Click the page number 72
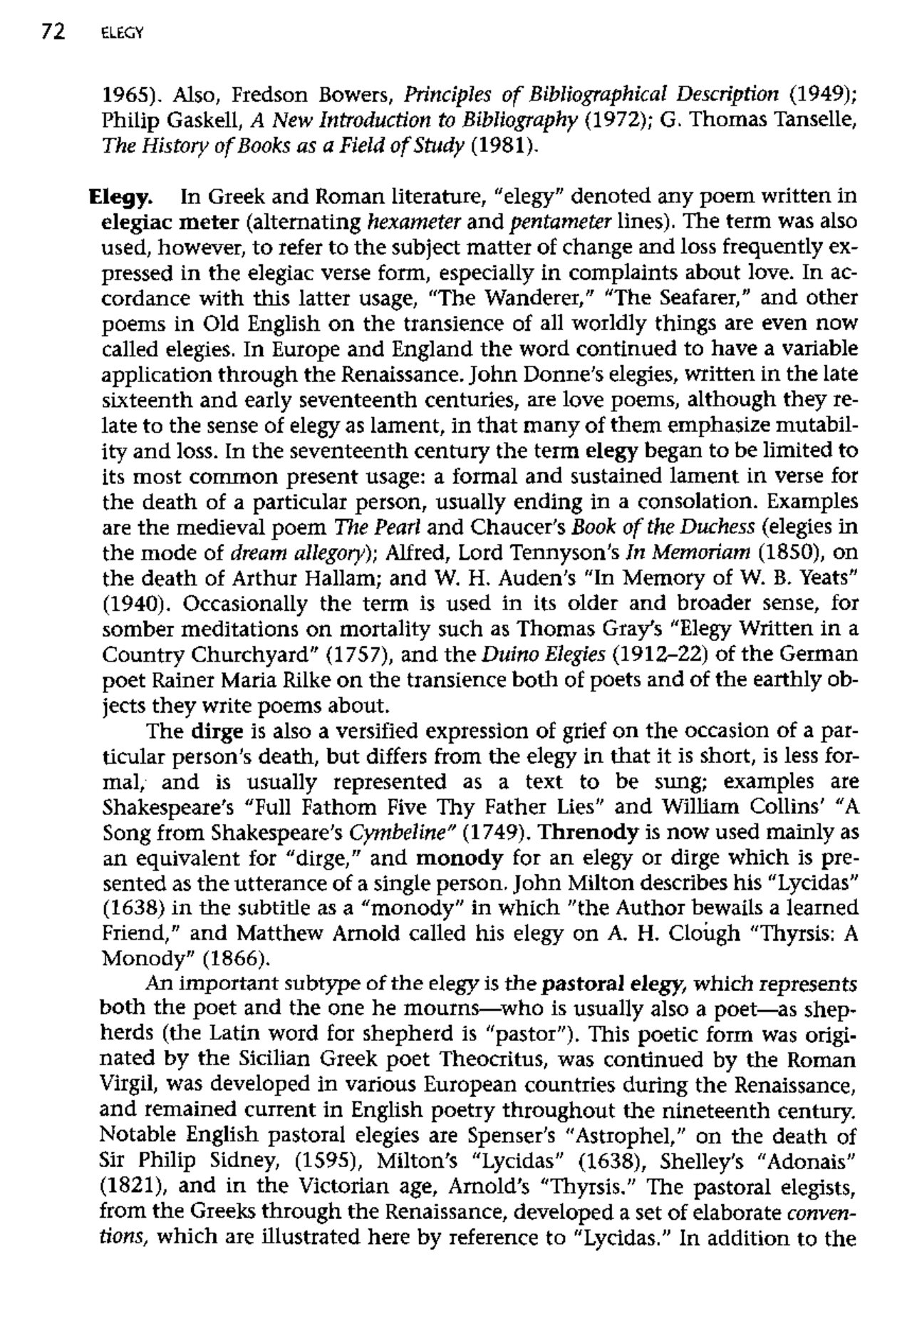(x=53, y=31)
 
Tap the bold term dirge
(x=217, y=731)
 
